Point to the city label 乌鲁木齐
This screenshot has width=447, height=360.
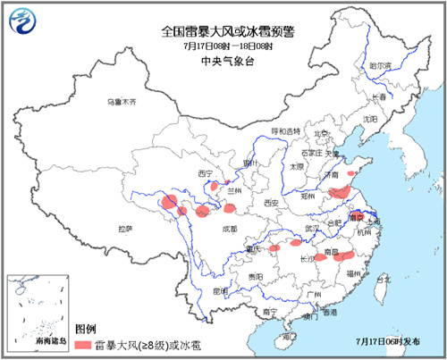tap(122, 103)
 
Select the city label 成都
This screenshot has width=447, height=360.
tap(207, 229)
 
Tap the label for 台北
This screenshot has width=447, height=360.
tap(384, 280)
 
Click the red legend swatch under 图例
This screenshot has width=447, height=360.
tap(85, 343)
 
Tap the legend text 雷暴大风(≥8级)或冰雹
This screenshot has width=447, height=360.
tap(147, 343)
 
